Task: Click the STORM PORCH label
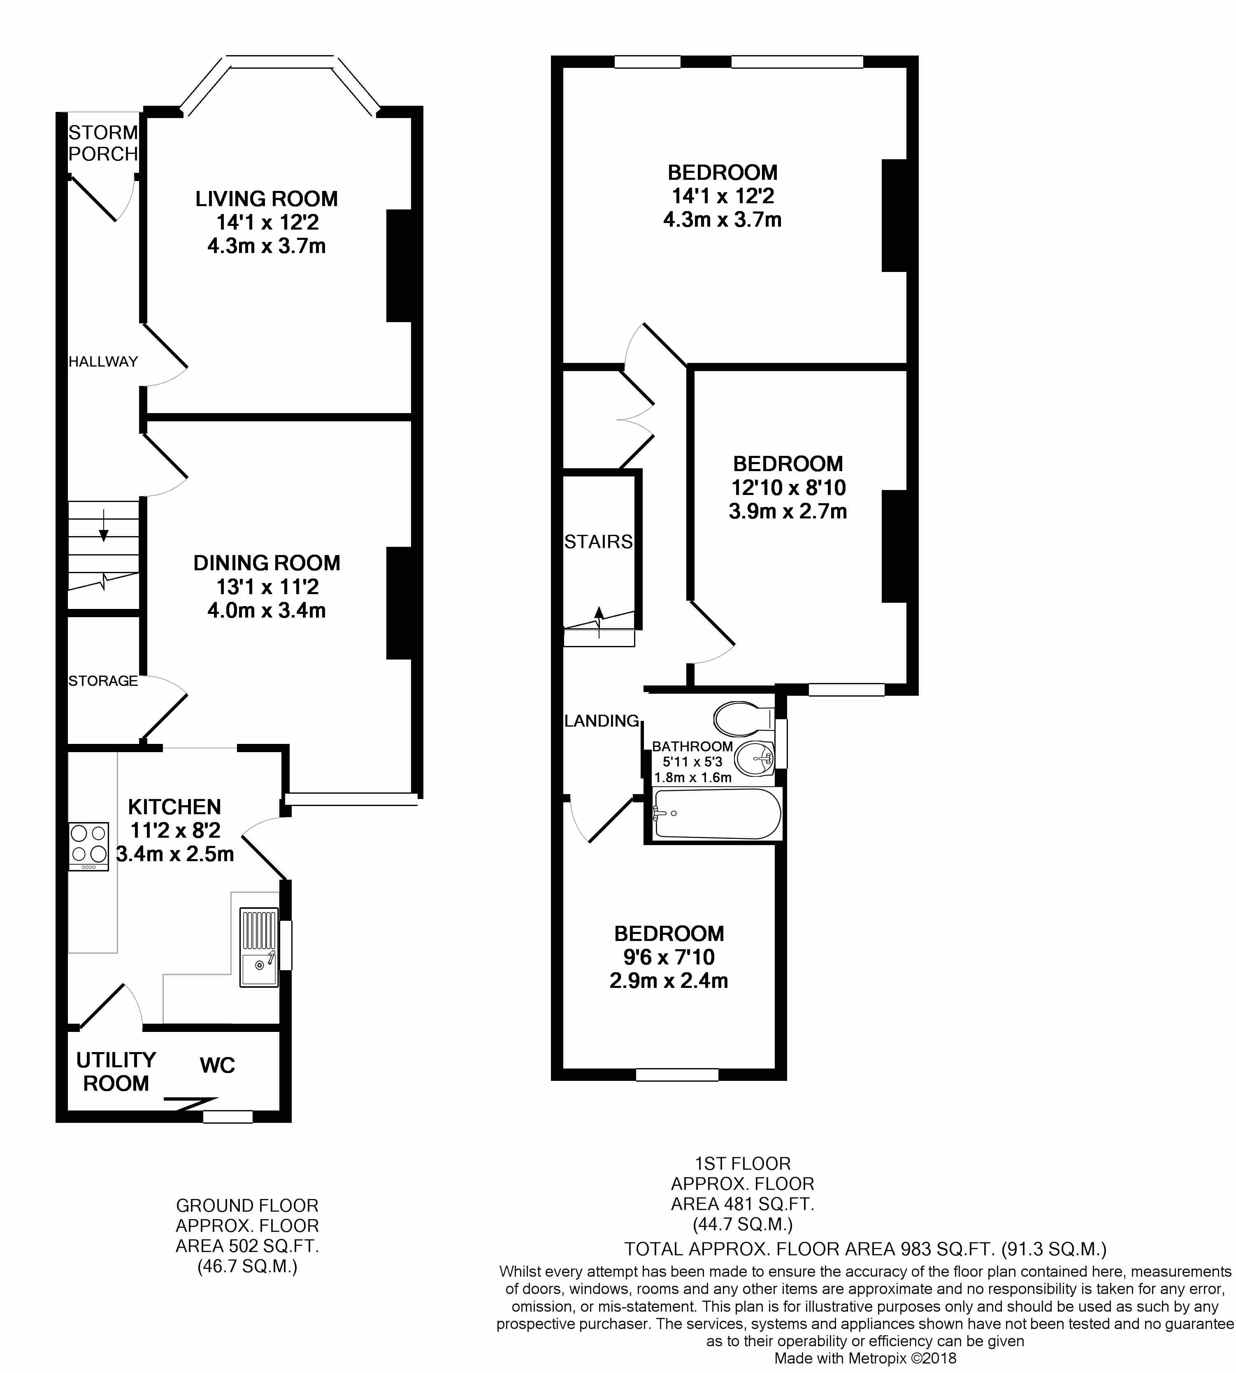coord(103,143)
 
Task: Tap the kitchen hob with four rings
coord(88,846)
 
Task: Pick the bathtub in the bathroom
coord(716,813)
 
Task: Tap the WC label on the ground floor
coord(217,1065)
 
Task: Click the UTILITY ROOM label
coord(116,1071)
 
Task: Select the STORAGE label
coord(103,681)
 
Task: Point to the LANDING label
coord(602,720)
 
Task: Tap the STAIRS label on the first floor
coord(598,541)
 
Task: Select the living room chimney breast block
coord(400,265)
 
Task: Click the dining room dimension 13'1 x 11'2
coord(267,586)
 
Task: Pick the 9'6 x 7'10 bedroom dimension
coord(669,957)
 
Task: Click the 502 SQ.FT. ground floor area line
coord(247,1246)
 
